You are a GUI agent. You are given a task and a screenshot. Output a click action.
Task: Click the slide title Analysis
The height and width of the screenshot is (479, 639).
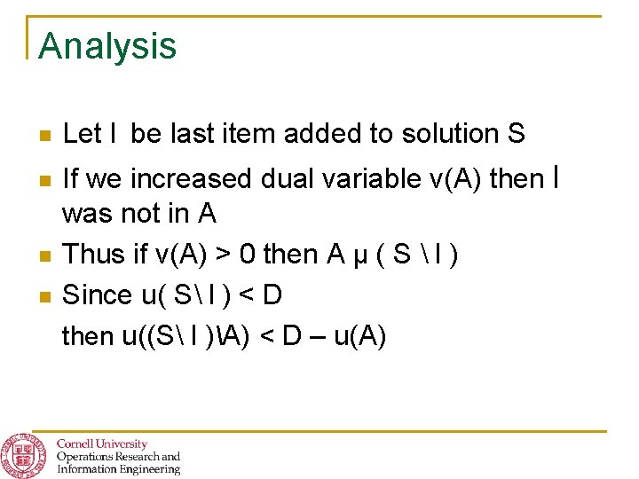tap(107, 46)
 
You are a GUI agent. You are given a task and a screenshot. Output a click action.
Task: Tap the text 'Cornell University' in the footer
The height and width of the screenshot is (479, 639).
tap(102, 444)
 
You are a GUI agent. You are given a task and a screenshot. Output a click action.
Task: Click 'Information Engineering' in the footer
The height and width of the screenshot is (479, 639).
tap(118, 469)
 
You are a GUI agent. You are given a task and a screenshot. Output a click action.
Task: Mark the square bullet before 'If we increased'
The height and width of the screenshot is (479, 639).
tap(44, 181)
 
